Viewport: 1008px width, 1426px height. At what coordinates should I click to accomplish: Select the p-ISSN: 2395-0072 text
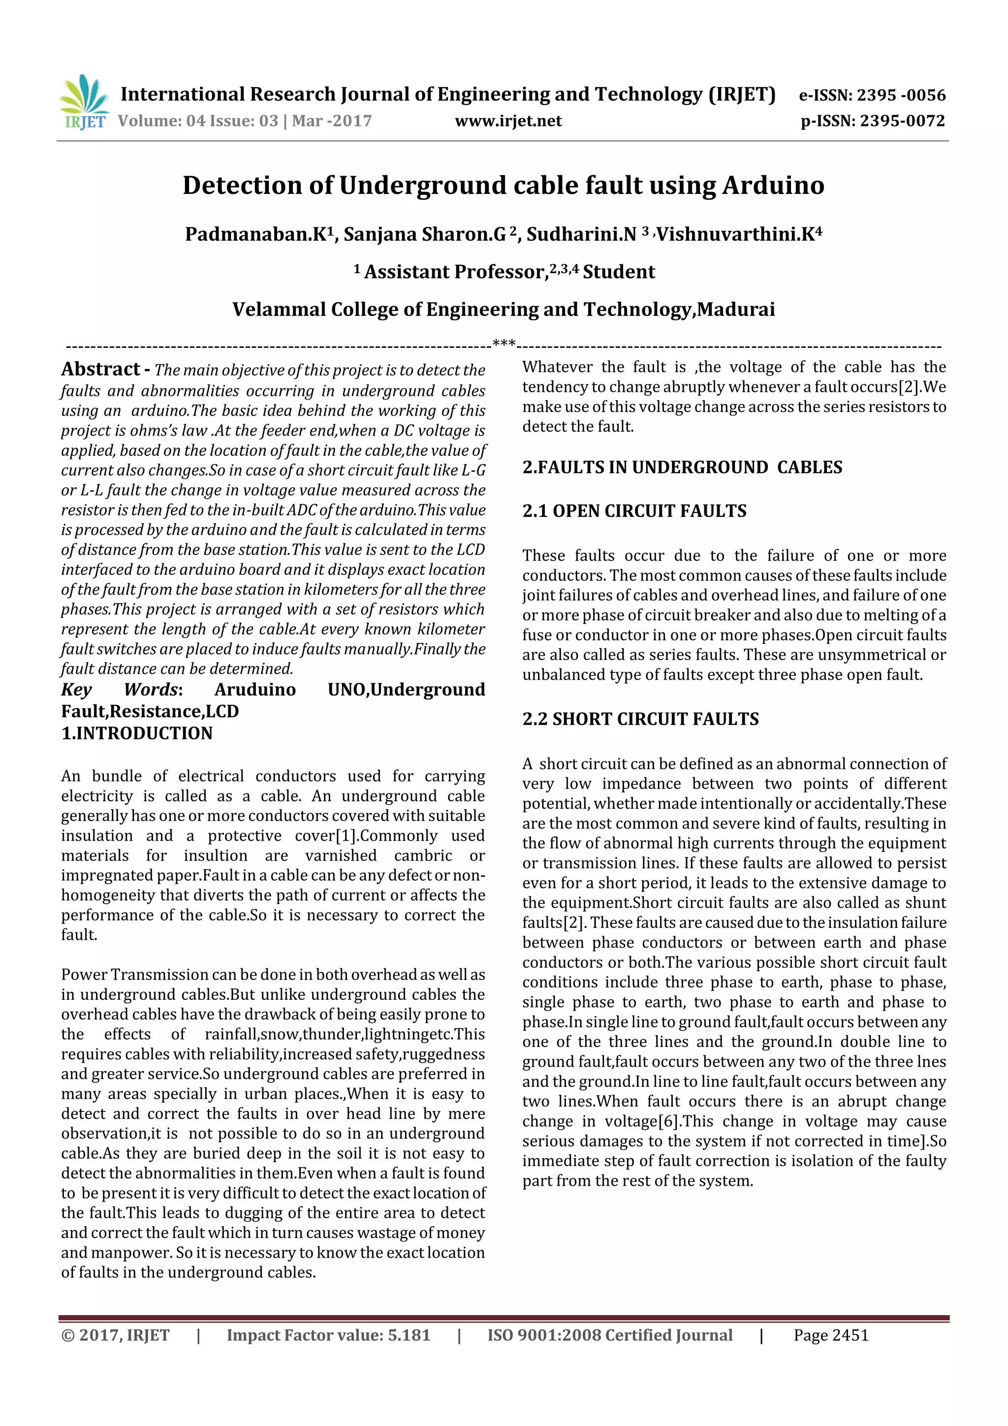pyautogui.click(x=873, y=121)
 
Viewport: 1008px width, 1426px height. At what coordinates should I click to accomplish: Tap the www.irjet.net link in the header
pyautogui.click(x=507, y=121)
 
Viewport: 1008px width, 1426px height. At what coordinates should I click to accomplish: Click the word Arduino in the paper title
pyautogui.click(x=773, y=185)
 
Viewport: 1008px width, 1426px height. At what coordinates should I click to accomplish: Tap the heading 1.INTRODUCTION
pyautogui.click(x=137, y=733)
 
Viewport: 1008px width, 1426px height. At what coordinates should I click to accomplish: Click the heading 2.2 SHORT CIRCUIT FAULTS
pyautogui.click(x=640, y=719)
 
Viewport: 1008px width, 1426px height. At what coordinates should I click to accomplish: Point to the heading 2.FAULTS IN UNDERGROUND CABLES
pyautogui.click(x=682, y=467)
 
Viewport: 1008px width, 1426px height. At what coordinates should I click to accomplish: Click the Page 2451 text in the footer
pyautogui.click(x=831, y=1335)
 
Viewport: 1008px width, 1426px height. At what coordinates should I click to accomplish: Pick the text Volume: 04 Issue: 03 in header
pyautogui.click(x=197, y=121)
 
